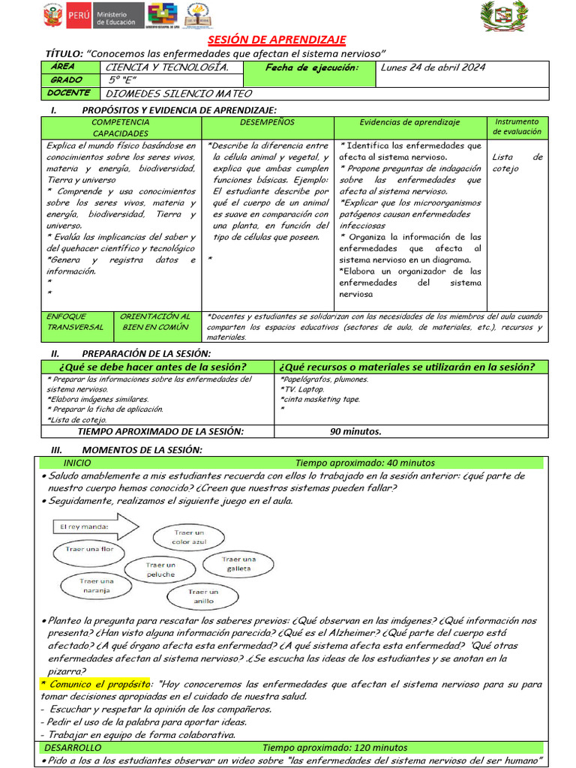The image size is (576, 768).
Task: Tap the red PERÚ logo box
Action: pos(78,16)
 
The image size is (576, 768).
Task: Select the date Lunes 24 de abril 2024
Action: pos(433,67)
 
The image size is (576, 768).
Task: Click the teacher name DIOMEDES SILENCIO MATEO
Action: pos(178,94)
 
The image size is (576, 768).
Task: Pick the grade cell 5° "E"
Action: pos(124,81)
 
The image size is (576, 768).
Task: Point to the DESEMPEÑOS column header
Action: pos(267,122)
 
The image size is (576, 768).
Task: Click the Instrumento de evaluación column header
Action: pos(517,127)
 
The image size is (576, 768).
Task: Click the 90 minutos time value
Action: pos(355,431)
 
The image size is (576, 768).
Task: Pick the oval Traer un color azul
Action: pos(188,537)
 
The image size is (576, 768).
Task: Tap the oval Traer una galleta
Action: pos(238,564)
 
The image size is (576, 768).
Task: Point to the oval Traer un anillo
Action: pos(202,597)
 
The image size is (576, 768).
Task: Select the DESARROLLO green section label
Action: pos(70,748)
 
